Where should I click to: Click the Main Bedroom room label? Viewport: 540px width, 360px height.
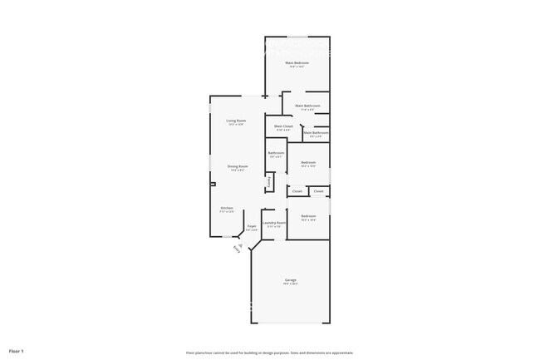(x=297, y=63)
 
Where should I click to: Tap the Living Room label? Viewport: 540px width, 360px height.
(x=236, y=121)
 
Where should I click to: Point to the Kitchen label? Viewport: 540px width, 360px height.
(x=227, y=208)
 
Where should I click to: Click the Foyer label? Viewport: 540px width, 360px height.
(x=251, y=226)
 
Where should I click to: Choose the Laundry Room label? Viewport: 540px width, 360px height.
(x=274, y=222)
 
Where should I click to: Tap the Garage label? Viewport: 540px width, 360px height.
(x=290, y=280)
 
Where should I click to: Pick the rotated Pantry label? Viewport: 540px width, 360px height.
(x=269, y=181)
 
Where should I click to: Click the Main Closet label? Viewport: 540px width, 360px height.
(x=283, y=126)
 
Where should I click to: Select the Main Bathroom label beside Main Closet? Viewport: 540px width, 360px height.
(x=316, y=132)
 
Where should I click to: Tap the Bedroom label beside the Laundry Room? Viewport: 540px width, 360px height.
(x=308, y=216)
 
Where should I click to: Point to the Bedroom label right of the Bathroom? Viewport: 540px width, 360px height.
(x=308, y=162)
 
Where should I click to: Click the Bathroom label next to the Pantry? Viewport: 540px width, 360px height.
(x=277, y=153)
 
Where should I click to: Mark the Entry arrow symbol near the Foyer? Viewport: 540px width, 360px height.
(x=238, y=247)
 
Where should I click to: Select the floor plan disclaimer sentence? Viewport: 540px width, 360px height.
(x=270, y=352)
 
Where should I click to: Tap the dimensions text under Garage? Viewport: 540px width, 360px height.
(x=290, y=284)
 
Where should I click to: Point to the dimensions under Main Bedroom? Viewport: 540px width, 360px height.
(x=297, y=67)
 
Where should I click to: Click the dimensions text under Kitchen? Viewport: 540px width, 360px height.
(x=227, y=212)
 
